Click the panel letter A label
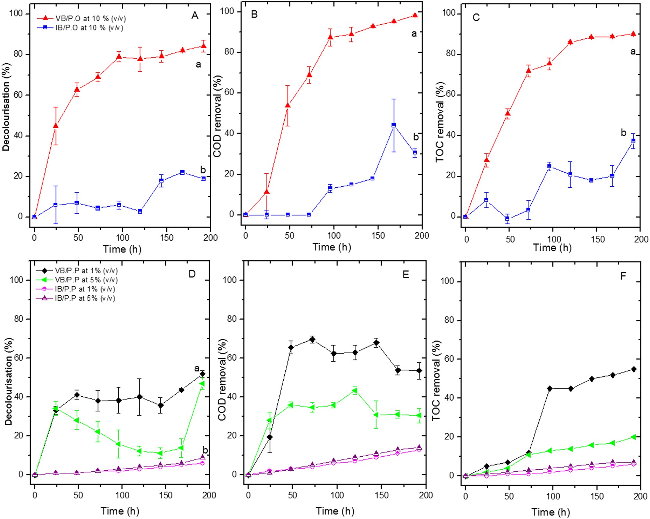195,16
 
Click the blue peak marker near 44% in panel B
394,125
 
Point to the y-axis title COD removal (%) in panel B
218,116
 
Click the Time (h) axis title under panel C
552,248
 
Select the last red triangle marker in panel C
633,34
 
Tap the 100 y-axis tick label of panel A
16,14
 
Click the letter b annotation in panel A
203,170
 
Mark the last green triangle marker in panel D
202,383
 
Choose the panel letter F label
623,276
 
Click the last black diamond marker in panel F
634,369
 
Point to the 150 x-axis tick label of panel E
381,495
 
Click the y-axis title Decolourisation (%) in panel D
8,381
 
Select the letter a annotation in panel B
414,34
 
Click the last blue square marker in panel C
633,141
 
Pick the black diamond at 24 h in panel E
270,437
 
